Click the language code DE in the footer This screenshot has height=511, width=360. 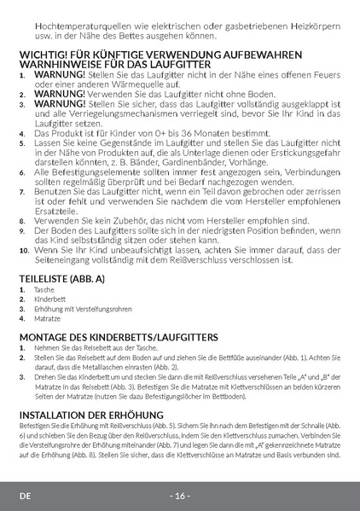pyautogui.click(x=26, y=496)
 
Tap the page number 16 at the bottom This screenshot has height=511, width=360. pyautogui.click(x=180, y=496)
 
